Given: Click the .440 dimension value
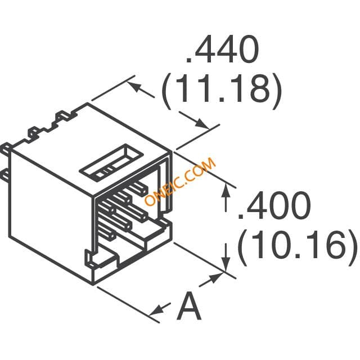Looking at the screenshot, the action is coord(222,49).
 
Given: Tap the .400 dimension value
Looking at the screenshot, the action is coord(274,205).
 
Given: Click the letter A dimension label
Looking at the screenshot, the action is coord(189,305).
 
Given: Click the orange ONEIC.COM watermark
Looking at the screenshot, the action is coord(181,181).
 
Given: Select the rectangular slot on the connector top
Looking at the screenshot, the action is coord(111,163).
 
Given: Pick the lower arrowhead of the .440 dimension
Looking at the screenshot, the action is coord(202,124).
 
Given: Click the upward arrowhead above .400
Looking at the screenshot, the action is coord(226,190).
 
